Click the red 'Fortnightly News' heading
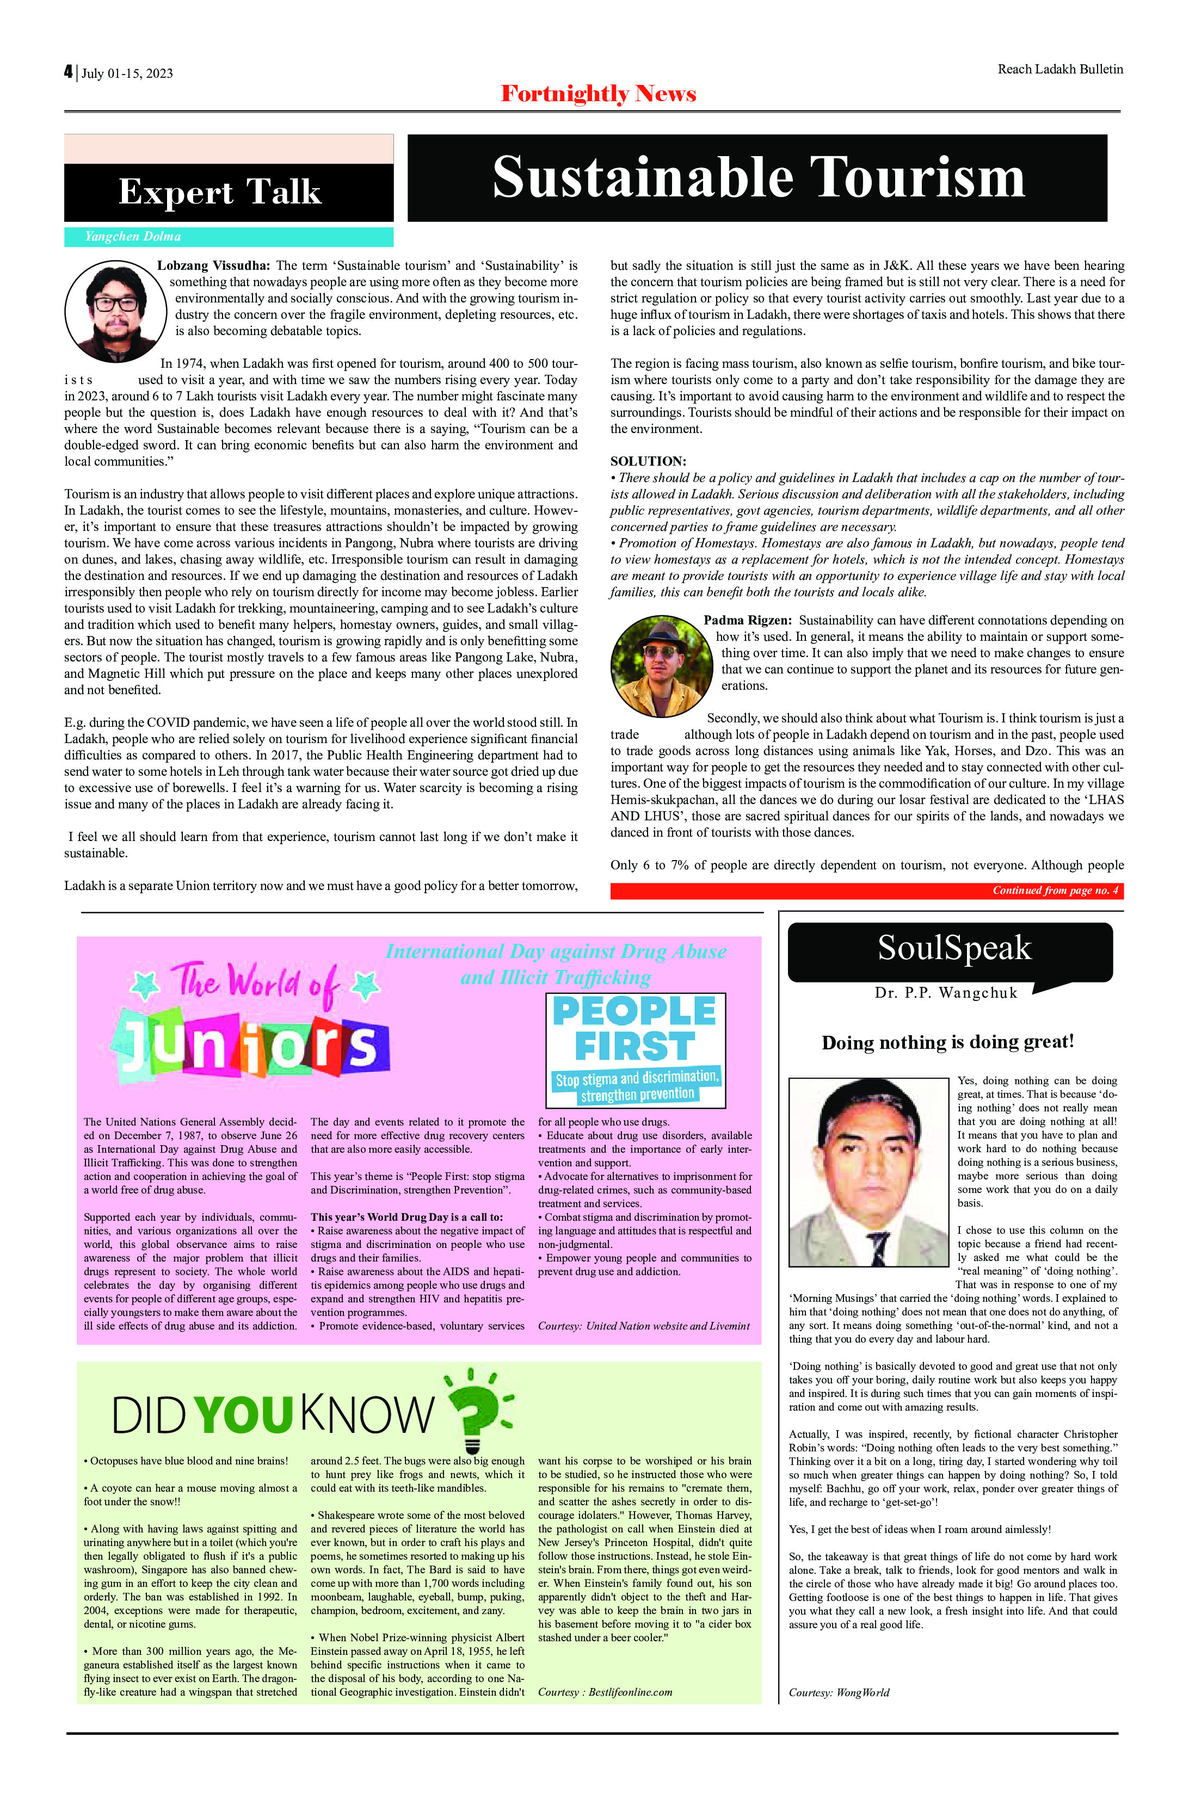coord(598,94)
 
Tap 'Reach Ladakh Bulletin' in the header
coord(1059,69)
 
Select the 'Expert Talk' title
coord(220,193)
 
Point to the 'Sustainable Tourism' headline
coord(757,178)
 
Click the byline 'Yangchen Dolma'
coord(133,237)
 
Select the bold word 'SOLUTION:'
coord(648,461)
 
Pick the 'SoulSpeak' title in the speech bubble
coord(954,948)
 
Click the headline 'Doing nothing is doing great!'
coord(948,1042)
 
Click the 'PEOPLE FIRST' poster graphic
coord(636,1050)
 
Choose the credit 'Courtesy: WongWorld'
coord(839,1693)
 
